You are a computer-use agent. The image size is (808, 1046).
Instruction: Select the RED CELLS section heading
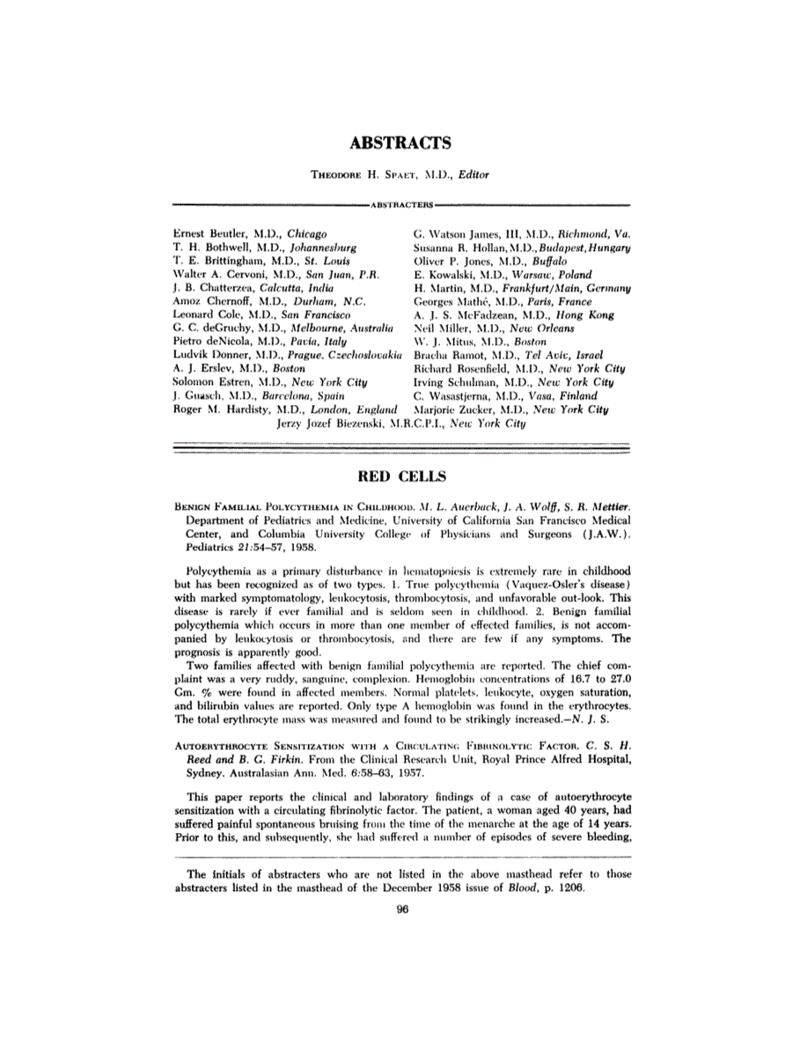coord(404,477)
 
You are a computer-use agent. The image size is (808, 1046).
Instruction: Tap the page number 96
coord(403,911)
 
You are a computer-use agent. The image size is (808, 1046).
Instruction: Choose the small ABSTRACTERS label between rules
coord(403,204)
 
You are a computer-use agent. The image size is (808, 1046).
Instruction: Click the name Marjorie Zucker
coord(452,409)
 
